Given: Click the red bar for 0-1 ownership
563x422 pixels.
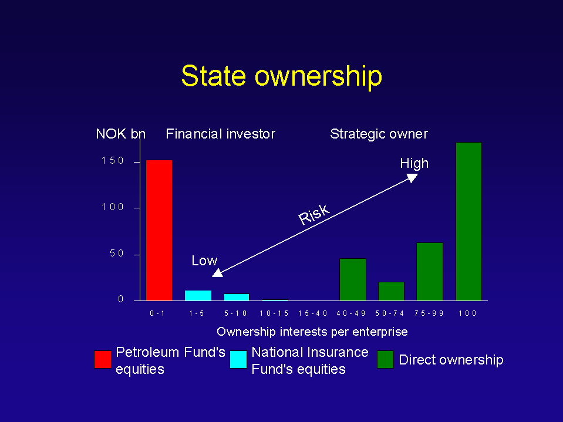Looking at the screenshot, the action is [x=159, y=230].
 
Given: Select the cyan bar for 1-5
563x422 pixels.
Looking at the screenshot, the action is [x=198, y=295].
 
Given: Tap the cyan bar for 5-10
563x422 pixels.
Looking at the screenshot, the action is [x=237, y=297].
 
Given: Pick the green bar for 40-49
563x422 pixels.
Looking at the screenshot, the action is [x=353, y=279].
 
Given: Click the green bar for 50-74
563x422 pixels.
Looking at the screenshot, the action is [x=391, y=291].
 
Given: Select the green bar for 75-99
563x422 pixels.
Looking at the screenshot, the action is [x=429, y=271].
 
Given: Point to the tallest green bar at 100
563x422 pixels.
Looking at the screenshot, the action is [x=468, y=221].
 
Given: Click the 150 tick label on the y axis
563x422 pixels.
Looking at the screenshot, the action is [x=112, y=160].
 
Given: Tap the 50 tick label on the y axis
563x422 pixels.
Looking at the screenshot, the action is [x=117, y=254].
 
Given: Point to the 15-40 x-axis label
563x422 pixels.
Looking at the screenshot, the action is [x=313, y=313].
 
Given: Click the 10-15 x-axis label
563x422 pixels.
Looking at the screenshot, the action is [x=274, y=313].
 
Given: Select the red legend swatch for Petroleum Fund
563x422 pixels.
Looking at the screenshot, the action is [x=103, y=360].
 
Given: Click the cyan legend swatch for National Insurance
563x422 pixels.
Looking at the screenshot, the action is [x=238, y=360].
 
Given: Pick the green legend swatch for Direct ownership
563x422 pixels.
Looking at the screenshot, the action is [x=385, y=360].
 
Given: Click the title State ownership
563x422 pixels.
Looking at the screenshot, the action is [x=282, y=76].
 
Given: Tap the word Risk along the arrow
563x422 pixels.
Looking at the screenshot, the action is [x=314, y=215].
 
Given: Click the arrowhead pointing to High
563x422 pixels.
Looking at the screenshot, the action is [x=412, y=178].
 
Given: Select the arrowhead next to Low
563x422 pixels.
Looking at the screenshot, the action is [x=217, y=273].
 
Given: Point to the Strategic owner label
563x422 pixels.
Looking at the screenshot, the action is [x=379, y=134].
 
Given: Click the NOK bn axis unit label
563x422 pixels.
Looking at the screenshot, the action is [x=121, y=134].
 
